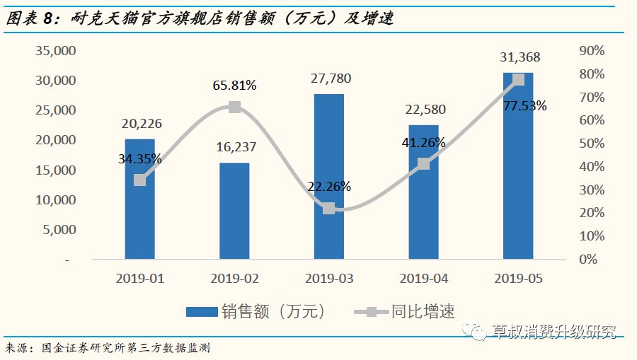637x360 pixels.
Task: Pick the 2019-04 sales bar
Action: point(423,212)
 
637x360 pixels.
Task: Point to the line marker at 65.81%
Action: point(234,108)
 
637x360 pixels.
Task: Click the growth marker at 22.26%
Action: point(329,208)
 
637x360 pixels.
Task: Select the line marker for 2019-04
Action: point(423,164)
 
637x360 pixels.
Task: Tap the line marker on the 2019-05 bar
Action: point(518,80)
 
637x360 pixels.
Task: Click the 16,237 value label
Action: point(234,147)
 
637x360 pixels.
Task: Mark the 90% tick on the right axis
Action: point(591,51)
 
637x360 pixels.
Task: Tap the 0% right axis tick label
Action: point(588,260)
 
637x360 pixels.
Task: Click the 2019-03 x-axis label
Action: point(329,279)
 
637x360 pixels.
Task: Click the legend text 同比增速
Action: point(423,311)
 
